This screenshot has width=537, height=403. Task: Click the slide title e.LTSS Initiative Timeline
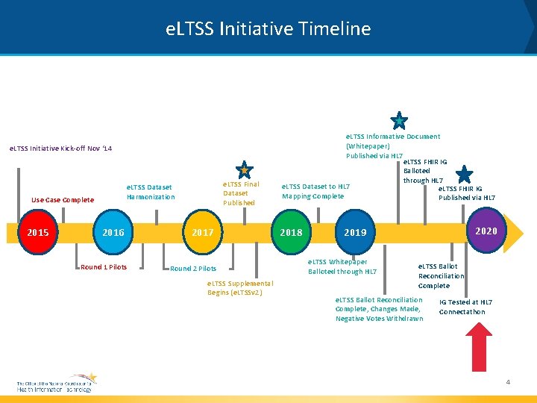click(268, 29)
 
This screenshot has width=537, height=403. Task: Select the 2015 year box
click(38, 233)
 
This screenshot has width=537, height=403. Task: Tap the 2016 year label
click(113, 233)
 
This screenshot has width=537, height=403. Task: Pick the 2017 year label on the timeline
click(202, 233)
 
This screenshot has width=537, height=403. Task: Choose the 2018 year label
click(291, 233)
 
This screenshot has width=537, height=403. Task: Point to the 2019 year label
click(355, 233)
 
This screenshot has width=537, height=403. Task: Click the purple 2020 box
click(486, 231)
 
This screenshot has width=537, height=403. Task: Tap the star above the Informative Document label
click(399, 121)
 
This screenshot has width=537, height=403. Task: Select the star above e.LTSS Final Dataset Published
click(244, 170)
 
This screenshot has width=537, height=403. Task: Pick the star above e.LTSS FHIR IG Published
click(464, 175)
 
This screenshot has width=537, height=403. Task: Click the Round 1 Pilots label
click(104, 267)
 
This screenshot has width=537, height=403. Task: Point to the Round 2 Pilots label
click(193, 269)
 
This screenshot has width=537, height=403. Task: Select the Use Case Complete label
click(63, 200)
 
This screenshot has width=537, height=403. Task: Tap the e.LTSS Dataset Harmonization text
click(150, 192)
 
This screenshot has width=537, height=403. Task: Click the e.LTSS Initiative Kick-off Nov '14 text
click(60, 149)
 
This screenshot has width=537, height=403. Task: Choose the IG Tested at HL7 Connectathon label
click(465, 307)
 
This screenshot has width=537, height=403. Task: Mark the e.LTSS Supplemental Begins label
click(240, 287)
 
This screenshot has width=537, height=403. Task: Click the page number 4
click(508, 382)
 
